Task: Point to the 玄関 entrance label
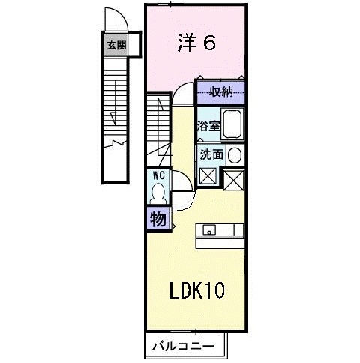116,45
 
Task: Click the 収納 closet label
220,92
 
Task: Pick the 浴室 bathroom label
208,126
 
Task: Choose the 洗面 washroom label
211,154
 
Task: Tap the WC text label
158,175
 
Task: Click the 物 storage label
157,219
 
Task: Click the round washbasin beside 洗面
235,155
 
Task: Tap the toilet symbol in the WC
158,193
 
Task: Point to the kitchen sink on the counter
208,229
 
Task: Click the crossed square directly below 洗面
208,176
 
